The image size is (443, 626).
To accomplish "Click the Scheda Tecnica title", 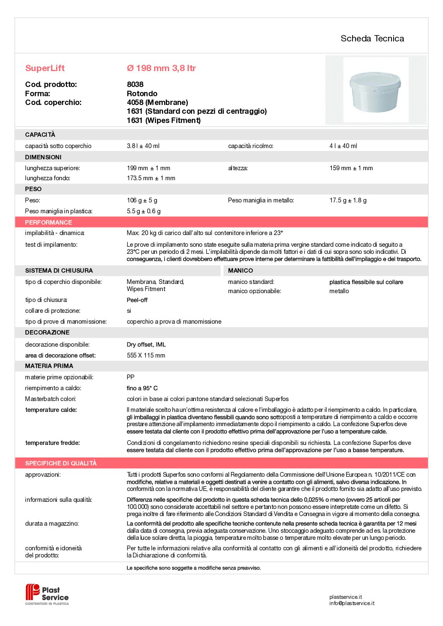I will pos(372,38).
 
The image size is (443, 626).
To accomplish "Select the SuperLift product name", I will pos(45,68).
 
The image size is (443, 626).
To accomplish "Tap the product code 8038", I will pos(135,84).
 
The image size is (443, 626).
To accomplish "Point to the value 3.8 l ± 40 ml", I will pos(143,146).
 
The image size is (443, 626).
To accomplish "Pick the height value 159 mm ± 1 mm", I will pos(351,168).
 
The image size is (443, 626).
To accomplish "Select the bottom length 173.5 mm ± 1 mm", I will pos(151,178).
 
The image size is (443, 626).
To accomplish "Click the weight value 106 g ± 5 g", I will pos(142,200).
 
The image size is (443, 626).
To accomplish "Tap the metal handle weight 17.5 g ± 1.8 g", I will pos(348,200).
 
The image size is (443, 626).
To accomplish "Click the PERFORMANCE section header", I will pos(49,222).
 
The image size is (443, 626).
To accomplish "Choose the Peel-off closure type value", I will pos(137,300).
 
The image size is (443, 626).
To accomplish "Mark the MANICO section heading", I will pos(240,271).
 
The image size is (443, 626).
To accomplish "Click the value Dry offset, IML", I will pos(146,345).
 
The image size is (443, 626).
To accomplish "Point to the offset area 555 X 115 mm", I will pos(146,355).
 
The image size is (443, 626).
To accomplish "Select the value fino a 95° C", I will pos(142,388).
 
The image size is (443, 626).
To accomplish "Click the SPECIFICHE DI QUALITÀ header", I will pos(61,463).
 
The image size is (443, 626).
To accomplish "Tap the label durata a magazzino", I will pos(52,524).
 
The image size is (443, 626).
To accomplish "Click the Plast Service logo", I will pos(47,594).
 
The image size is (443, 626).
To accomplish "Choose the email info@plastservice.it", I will pos(352,603).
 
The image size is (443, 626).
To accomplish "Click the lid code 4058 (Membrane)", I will pos(157,102).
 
